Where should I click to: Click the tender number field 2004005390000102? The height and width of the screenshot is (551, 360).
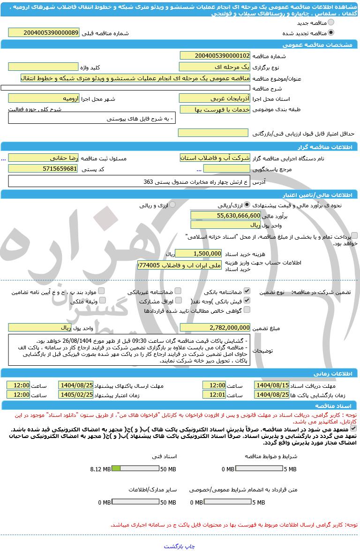click(215, 56)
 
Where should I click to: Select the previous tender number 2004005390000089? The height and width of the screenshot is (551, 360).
click(44, 33)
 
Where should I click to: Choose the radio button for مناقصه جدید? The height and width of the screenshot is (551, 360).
click(331, 23)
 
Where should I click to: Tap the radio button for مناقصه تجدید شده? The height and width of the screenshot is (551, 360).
click(331, 33)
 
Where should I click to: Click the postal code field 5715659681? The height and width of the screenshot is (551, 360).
click(44, 168)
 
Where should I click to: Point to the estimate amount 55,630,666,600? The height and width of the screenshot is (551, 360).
click(226, 215)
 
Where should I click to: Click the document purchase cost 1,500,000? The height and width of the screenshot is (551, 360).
click(198, 253)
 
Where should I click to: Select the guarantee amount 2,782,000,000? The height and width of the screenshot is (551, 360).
click(215, 327)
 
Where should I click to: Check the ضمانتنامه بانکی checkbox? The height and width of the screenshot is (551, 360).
click(247, 291)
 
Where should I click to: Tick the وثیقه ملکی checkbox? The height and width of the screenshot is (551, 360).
click(102, 301)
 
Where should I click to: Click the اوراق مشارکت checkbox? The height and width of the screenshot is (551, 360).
click(178, 301)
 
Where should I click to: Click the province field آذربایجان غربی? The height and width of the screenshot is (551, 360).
click(215, 98)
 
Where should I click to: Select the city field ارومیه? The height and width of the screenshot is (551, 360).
click(44, 98)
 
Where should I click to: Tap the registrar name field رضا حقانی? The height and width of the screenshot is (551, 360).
click(44, 158)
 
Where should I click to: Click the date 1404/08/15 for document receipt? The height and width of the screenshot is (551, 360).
click(272, 385)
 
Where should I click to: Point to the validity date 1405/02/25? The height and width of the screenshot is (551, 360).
click(76, 395)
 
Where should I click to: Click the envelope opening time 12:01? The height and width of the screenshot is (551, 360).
click(214, 395)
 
